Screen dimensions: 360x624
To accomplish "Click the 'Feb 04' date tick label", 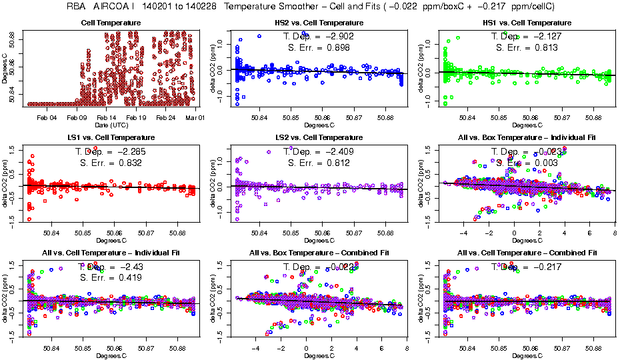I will (x=47, y=118).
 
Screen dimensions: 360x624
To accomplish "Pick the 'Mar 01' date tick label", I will (x=195, y=118).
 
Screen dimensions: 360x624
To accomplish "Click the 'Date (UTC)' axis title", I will (x=111, y=125).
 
